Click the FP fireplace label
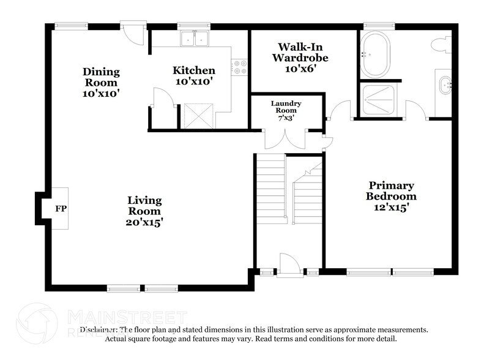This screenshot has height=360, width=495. (x=61, y=209)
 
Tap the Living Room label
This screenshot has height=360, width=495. (x=145, y=211)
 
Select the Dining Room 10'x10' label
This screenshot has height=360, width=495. (x=101, y=83)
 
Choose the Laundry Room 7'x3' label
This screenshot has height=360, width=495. (x=287, y=108)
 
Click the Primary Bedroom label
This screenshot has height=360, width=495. (x=391, y=196)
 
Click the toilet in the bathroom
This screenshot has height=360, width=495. (x=441, y=45)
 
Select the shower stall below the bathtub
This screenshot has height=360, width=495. (x=379, y=99)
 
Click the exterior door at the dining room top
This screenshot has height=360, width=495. (x=132, y=32)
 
